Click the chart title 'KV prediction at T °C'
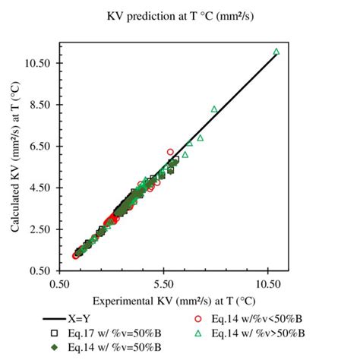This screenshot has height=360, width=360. click(180, 14)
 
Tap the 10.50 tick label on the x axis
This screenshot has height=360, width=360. click(268, 282)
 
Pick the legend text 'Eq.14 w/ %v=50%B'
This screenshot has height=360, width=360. click(115, 347)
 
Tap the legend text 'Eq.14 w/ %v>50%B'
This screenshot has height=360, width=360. click(259, 333)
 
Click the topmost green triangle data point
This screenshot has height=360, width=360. click(276, 52)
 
